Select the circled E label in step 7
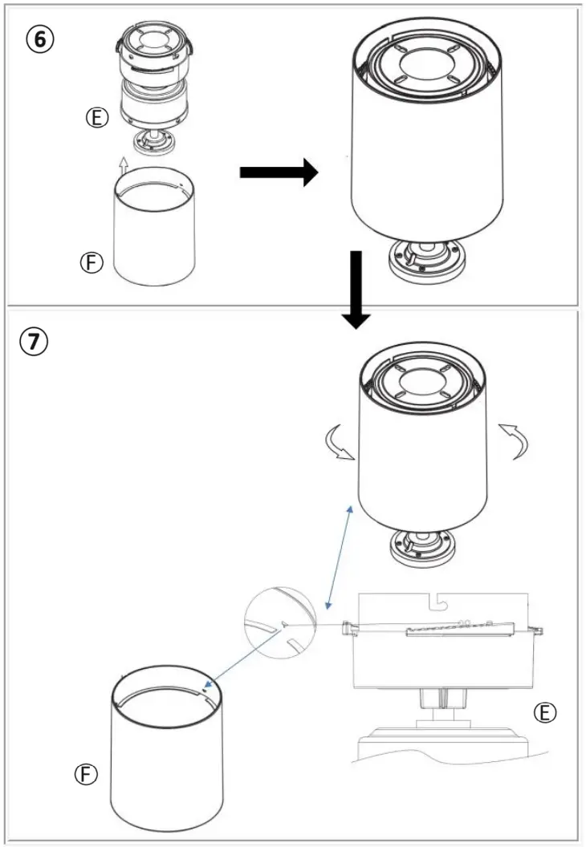click(x=547, y=712)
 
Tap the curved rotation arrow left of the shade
click(x=337, y=444)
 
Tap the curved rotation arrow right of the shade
click(x=515, y=441)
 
